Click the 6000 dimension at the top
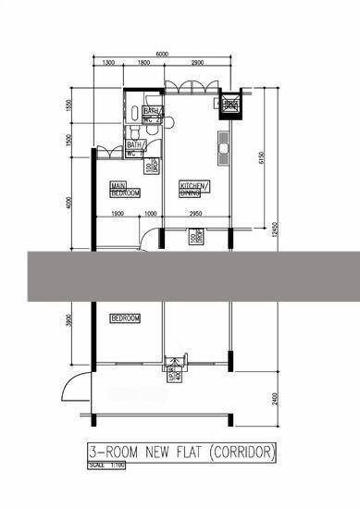161,54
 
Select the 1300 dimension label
107,64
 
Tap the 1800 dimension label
144,64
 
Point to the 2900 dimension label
197,64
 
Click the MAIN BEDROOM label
125,189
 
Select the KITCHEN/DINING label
193,189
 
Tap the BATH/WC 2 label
135,149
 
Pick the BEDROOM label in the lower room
125,318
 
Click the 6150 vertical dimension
262,158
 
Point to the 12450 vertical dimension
273,229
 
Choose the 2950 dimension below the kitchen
196,216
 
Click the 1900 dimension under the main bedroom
118,216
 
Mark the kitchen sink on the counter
223,143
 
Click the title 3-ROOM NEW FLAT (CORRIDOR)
181,453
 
